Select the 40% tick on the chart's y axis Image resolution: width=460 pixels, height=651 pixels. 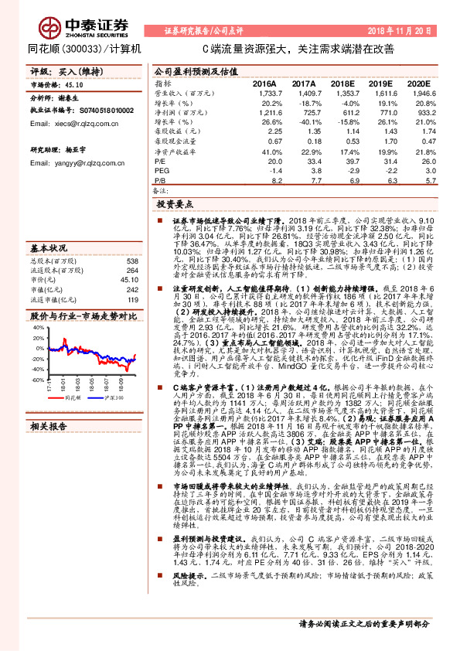point(37,327)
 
